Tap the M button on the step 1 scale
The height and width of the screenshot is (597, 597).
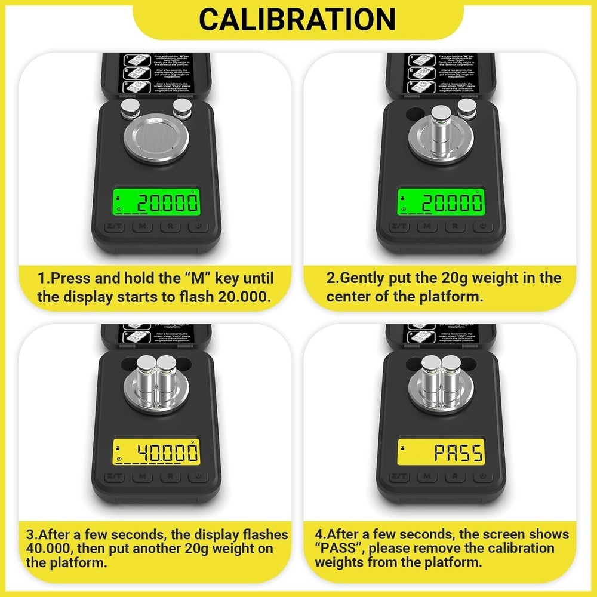142,227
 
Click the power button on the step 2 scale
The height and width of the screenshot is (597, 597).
482,227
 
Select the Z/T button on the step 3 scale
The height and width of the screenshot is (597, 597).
115,476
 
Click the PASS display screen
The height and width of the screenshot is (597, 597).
441,453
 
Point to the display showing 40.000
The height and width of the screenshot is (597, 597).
156,453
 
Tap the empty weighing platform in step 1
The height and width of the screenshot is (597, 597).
156,140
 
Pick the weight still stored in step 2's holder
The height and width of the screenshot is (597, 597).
467,108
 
